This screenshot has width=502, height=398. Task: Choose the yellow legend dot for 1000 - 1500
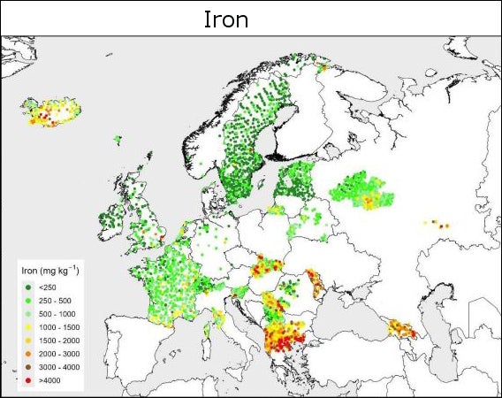pos(27,327)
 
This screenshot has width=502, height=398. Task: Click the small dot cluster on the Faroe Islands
pos(117,139)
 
